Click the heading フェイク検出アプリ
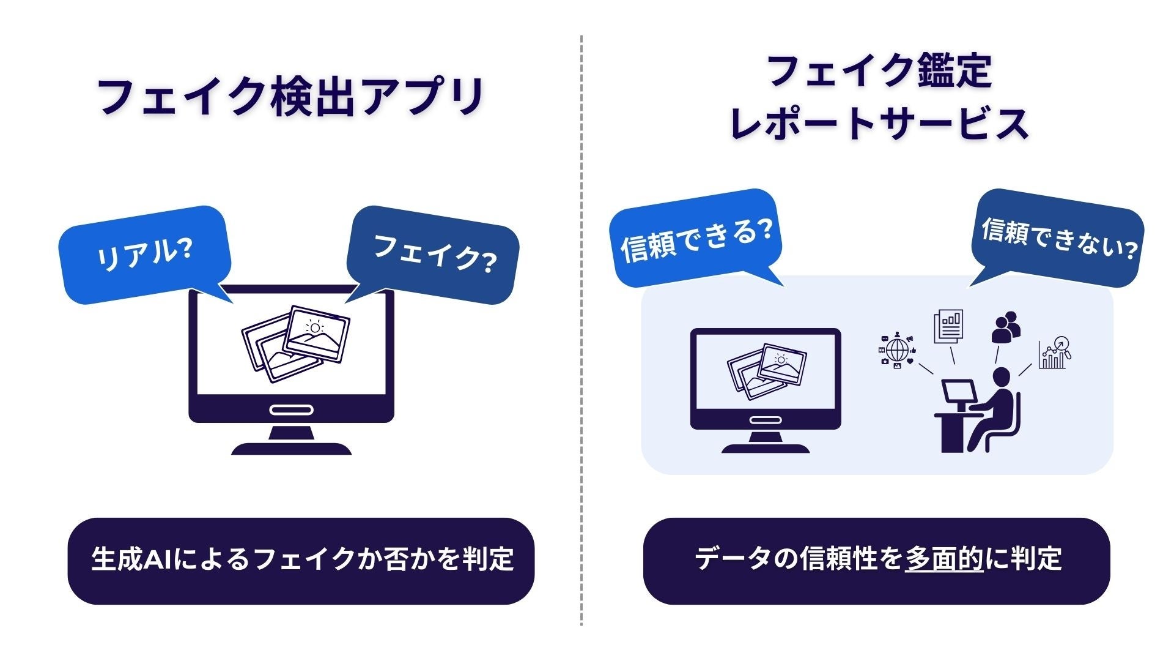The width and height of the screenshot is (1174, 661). pyautogui.click(x=291, y=97)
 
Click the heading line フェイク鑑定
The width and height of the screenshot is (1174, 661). pyautogui.click(x=878, y=71)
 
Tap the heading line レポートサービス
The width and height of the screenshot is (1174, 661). pyautogui.click(x=878, y=124)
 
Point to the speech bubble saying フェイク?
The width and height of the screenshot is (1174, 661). pyautogui.click(x=434, y=253)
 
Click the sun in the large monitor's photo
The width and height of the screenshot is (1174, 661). pyautogui.click(x=315, y=327)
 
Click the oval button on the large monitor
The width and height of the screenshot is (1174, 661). pyautogui.click(x=291, y=409)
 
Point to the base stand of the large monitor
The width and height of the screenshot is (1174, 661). pyautogui.click(x=291, y=448)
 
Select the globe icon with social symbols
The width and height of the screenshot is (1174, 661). pyautogui.click(x=897, y=350)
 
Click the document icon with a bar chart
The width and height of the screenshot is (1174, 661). pyautogui.click(x=948, y=326)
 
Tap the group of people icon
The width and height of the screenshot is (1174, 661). pyautogui.click(x=1005, y=327)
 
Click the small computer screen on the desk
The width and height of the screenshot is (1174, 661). pyautogui.click(x=958, y=390)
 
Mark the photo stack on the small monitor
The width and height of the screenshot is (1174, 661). pyautogui.click(x=767, y=370)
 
